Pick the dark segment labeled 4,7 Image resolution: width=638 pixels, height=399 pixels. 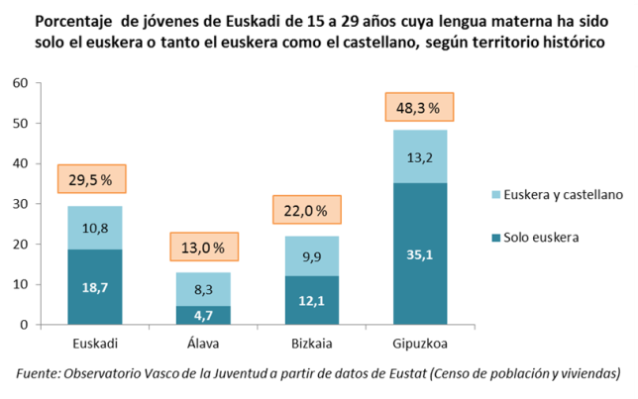[x=203, y=315]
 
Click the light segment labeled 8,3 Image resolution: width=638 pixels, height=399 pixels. [x=203, y=289]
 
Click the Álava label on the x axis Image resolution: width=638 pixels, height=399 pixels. [x=203, y=345]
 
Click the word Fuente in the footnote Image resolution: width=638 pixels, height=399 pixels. [x=37, y=373]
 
